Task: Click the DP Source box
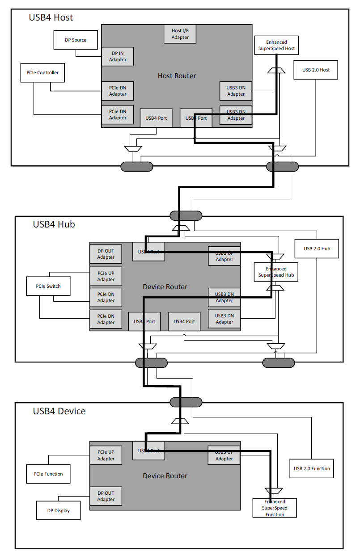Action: [76, 40]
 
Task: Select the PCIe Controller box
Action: [42, 72]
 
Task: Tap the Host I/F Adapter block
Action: [180, 34]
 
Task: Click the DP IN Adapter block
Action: [118, 56]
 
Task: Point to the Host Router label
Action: [177, 76]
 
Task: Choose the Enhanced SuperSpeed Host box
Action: [276, 45]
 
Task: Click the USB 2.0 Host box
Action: [316, 70]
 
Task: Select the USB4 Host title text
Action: [51, 17]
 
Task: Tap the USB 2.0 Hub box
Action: [317, 249]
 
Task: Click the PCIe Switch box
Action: [48, 286]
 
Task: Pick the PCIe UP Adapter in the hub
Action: [106, 276]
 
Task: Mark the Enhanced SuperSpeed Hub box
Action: [276, 272]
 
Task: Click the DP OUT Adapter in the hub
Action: [106, 254]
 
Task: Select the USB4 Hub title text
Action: [54, 224]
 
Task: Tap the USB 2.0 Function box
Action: [312, 468]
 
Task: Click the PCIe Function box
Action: [48, 474]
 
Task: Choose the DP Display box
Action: [58, 510]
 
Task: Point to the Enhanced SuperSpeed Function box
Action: [275, 508]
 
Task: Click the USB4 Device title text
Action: [59, 411]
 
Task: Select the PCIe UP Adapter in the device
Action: [106, 455]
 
